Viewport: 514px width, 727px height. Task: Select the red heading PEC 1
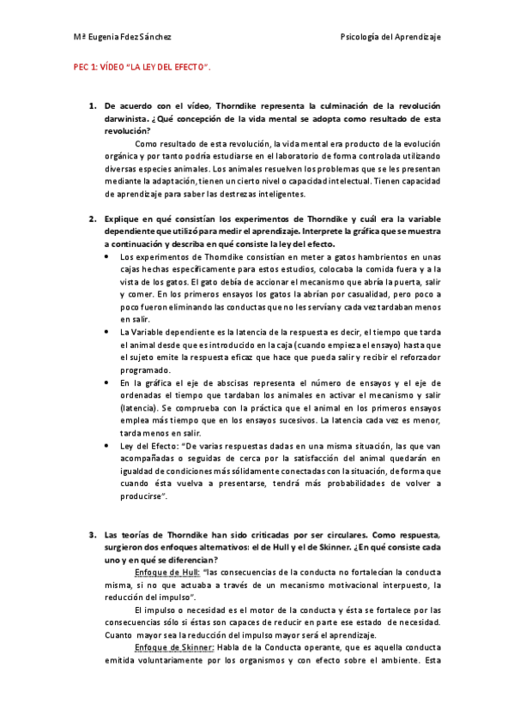(87, 67)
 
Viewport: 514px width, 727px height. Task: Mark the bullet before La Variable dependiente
(106, 332)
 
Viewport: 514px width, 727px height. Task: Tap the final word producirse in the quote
(143, 496)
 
